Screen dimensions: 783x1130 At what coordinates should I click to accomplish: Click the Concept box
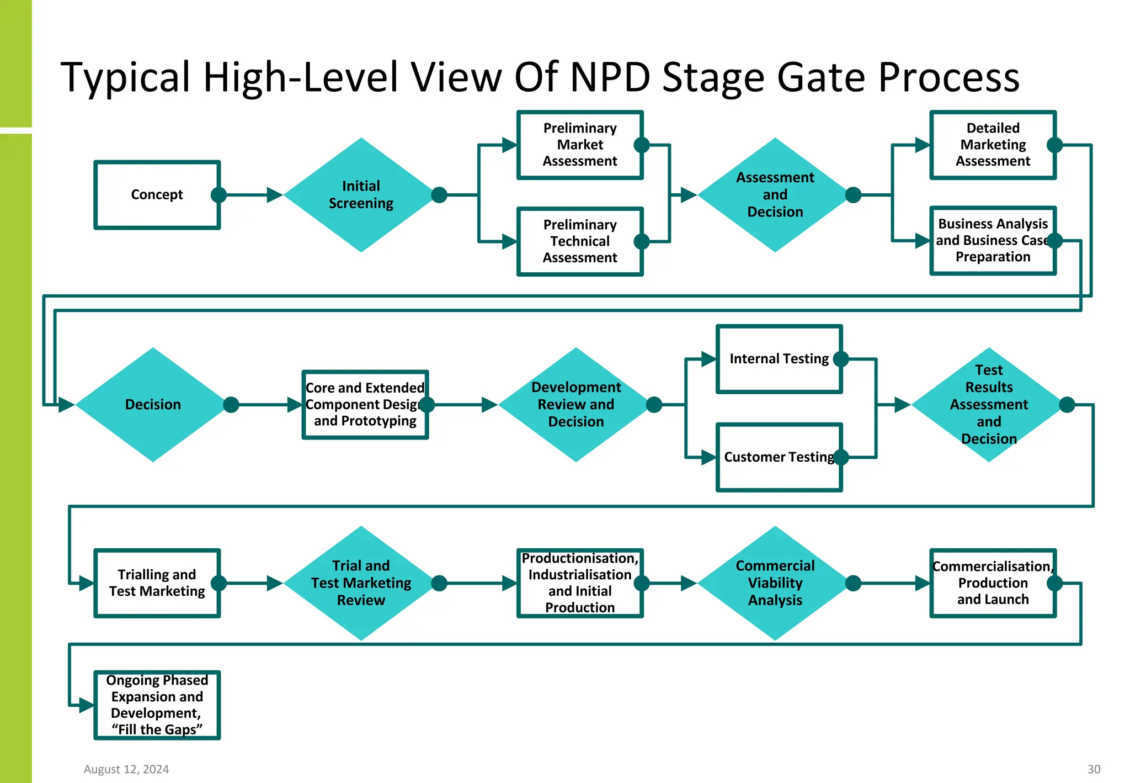(157, 194)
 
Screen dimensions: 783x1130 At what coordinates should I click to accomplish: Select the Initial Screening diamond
(361, 194)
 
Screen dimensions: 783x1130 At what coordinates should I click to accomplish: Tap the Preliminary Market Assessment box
(579, 145)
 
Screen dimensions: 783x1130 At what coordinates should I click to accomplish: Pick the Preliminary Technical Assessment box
(579, 241)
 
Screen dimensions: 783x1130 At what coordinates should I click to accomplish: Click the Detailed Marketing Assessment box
(992, 145)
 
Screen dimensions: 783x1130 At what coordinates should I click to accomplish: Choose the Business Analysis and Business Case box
(992, 240)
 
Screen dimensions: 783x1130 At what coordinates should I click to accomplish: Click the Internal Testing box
(779, 359)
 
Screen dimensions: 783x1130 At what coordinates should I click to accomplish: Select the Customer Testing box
(779, 457)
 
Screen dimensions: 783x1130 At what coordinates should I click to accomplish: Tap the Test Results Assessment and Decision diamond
(988, 404)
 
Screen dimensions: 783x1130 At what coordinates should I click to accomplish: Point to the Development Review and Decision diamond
(575, 404)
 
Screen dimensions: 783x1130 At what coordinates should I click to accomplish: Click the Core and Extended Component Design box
(365, 404)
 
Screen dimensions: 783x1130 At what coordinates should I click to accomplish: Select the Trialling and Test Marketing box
(157, 583)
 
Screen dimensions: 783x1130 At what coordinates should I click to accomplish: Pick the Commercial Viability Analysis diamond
(775, 583)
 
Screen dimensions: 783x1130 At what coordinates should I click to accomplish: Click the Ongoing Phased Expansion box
(157, 705)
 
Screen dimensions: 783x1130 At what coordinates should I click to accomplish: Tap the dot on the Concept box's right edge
(218, 194)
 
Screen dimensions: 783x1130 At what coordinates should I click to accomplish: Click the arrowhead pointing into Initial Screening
(274, 194)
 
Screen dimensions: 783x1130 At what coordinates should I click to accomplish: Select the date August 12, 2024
(126, 769)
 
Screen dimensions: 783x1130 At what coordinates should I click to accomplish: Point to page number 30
(1094, 769)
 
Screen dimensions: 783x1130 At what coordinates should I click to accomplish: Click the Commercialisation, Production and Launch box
(992, 583)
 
